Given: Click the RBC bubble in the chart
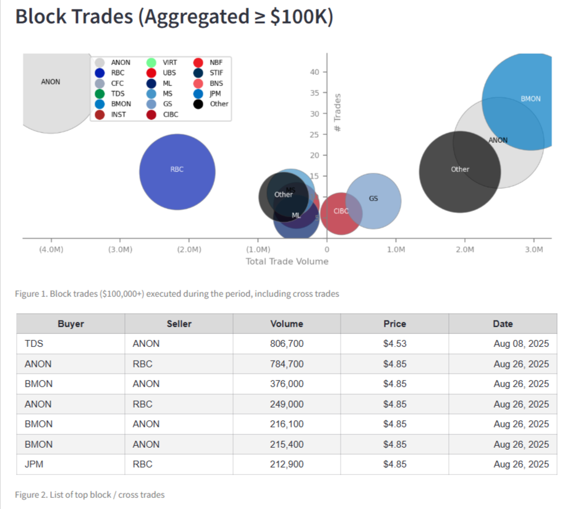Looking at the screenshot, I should point(177,171).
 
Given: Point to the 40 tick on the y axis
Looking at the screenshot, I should point(315,72).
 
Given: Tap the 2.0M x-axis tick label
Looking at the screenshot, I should point(464,250).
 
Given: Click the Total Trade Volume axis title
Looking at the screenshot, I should point(287,262).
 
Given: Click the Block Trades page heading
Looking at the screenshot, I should point(174,17).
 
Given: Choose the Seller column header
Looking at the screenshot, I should point(179,323).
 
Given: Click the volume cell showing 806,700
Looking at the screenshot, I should point(287,344).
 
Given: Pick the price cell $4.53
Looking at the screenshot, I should point(394,344).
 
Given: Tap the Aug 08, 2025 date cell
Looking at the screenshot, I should point(521,344).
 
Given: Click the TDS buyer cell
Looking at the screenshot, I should point(33,344).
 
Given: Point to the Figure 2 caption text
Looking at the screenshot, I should point(90,495).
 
